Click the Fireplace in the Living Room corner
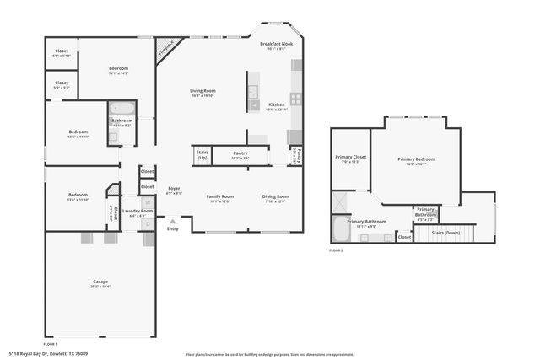pos(165,50)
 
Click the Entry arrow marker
pos(173,222)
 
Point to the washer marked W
pos(148,202)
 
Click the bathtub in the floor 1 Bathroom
pos(119,108)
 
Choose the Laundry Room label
pos(132,211)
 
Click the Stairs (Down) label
pos(445,232)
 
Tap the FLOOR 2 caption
pos(337,251)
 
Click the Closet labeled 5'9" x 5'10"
pos(62,52)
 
